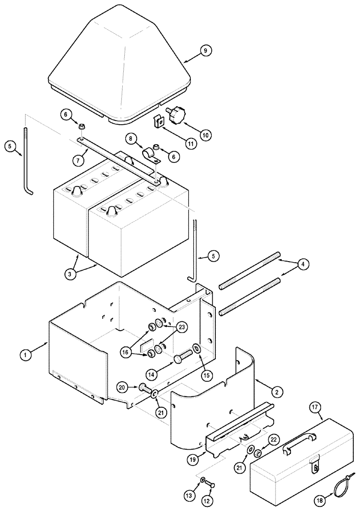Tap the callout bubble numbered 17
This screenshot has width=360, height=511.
tap(316, 408)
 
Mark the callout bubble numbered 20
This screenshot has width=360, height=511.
tap(123, 388)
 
